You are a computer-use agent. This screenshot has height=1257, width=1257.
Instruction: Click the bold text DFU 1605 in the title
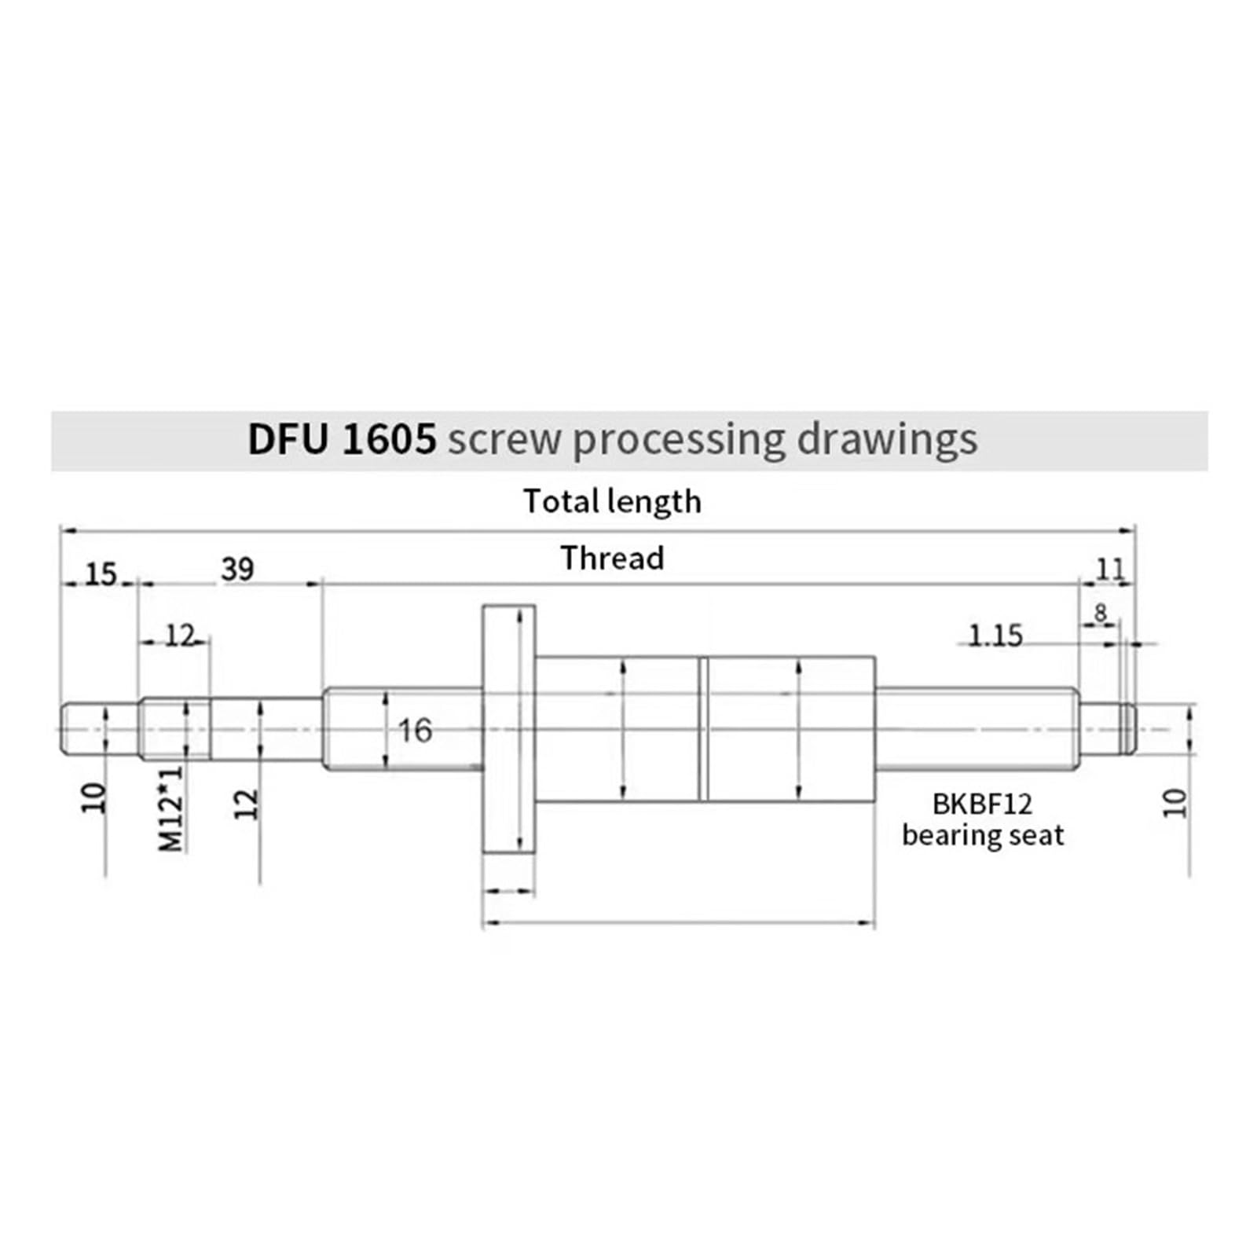tap(341, 440)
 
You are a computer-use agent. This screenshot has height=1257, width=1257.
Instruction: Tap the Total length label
tap(612, 502)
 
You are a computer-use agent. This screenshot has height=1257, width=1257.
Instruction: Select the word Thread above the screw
tap(612, 559)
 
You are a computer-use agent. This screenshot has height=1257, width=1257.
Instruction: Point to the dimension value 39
tap(237, 570)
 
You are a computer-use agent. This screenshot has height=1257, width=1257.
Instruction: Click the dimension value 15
tap(101, 574)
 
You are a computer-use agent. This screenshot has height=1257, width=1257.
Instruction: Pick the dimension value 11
tap(1110, 569)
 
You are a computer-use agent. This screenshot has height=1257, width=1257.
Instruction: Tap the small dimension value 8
tap(1100, 612)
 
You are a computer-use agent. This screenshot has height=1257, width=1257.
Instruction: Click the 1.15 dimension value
tap(995, 635)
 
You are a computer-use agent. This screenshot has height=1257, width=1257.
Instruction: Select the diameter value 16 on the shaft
tap(415, 731)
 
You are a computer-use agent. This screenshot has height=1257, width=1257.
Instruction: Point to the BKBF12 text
tap(982, 804)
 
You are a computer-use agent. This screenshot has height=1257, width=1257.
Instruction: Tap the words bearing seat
tap(982, 835)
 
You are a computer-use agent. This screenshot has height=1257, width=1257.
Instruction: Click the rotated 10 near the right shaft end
tap(1175, 803)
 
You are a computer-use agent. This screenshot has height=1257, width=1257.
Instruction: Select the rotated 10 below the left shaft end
tap(93, 797)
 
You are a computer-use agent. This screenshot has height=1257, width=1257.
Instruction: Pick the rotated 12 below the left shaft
tap(247, 804)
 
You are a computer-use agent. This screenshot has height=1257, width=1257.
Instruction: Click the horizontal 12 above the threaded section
tap(179, 636)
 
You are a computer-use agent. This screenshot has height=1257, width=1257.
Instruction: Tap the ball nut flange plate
tap(508, 729)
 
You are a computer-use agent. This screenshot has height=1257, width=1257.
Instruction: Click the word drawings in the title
tap(887, 440)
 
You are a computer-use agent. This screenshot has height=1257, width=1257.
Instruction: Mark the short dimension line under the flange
tap(509, 891)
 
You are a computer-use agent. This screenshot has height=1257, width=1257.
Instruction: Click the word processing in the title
tap(679, 440)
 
